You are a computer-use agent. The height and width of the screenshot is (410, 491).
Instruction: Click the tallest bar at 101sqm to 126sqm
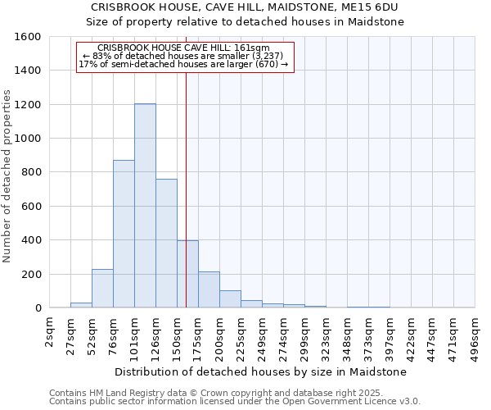click(145, 206)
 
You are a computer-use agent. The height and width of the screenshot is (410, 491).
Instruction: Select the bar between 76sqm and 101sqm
click(124, 234)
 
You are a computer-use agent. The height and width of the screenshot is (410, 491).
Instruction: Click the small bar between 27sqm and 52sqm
click(81, 305)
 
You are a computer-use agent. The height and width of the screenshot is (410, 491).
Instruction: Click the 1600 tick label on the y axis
click(29, 37)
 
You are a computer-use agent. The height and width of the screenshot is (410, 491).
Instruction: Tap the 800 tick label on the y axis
click(32, 172)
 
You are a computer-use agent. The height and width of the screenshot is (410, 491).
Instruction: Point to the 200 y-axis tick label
click(32, 274)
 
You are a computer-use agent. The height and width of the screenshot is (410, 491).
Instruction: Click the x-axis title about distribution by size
click(262, 371)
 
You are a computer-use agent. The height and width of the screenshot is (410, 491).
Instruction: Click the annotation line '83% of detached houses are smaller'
click(184, 56)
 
